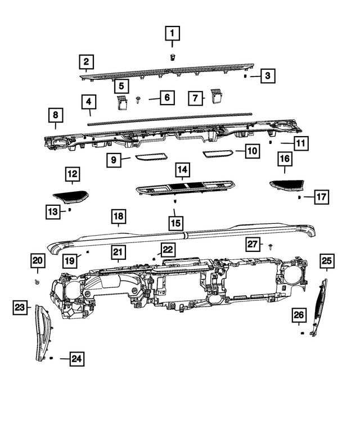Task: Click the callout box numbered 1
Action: tap(172, 34)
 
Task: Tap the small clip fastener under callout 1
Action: tap(172, 56)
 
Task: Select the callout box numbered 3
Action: tap(268, 75)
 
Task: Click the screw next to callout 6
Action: tap(138, 100)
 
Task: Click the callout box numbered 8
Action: tap(55, 115)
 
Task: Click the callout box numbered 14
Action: tap(182, 169)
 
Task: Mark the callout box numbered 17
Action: tap(321, 197)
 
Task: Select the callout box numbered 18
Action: tap(119, 216)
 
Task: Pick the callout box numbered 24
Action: tap(76, 358)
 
